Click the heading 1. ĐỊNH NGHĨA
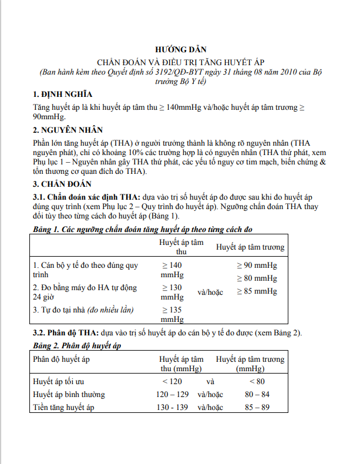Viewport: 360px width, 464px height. (x=62, y=95)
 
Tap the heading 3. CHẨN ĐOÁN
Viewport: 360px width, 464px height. (x=62, y=183)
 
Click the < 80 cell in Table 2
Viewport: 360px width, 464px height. (x=249, y=382)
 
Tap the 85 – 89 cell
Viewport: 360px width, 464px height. (x=249, y=407)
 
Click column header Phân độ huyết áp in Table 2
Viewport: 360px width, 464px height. (x=62, y=359)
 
